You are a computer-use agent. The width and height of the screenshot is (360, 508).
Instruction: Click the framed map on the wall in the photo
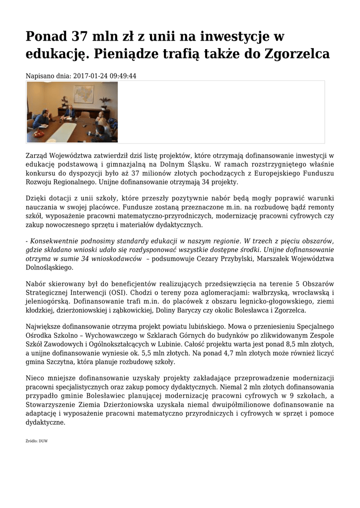83,94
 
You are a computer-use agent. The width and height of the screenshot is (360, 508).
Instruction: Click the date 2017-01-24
91,76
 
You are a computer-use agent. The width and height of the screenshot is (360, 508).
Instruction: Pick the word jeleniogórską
48,302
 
